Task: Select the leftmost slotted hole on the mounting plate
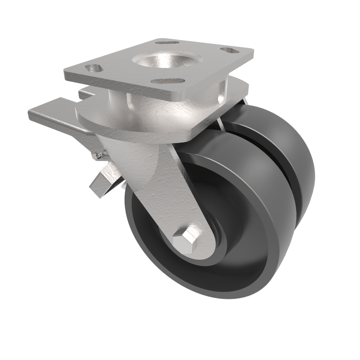pyautogui.click(x=94, y=68)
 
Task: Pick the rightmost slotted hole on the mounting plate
pyautogui.click(x=229, y=50)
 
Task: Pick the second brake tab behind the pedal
pyautogui.click(x=84, y=94)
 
